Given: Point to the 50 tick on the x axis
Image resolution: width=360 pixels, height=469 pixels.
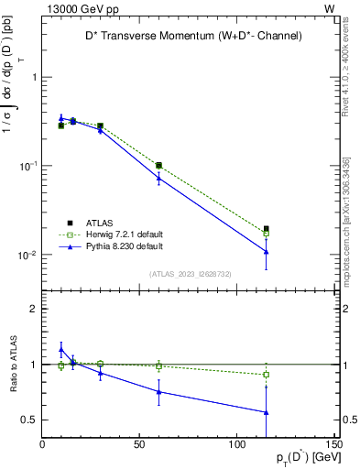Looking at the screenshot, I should coord(139,445).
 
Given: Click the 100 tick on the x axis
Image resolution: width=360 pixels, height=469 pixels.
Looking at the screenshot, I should coord(236,445).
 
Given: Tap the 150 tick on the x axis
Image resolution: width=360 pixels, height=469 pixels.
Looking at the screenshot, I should coord(332,445).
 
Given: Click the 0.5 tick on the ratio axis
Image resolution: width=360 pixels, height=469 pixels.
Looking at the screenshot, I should coord(30,420).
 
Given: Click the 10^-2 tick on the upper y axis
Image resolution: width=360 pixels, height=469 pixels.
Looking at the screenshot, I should coord(27,255).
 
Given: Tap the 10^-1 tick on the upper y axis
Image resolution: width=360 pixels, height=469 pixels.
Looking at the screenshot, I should coord(27,166).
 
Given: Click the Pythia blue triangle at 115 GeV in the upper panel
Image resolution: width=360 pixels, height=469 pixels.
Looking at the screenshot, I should coord(266,251).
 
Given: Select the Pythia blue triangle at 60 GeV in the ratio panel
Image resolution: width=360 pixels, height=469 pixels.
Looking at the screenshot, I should coord(158,391).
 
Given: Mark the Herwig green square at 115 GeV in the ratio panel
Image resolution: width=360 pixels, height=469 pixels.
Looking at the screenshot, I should coord(266,374).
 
